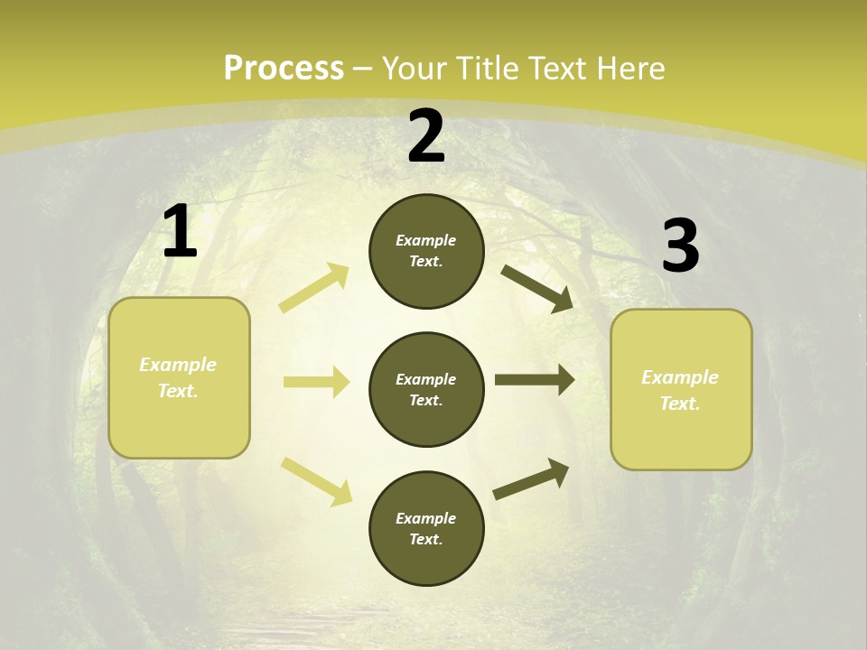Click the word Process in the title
tap(284, 69)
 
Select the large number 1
tap(180, 232)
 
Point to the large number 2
tap(426, 136)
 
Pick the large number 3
tap(680, 246)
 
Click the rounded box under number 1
tap(179, 377)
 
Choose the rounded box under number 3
tap(681, 389)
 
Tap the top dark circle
tap(426, 251)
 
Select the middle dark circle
tap(426, 389)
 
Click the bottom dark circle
tap(426, 528)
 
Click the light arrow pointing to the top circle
tap(314, 288)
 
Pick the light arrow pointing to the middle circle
tap(316, 382)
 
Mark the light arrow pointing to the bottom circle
tap(316, 481)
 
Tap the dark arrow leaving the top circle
tap(537, 288)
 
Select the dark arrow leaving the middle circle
tap(535, 380)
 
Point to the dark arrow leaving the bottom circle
tap(531, 478)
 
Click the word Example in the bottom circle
tap(426, 518)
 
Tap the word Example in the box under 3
tap(680, 377)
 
